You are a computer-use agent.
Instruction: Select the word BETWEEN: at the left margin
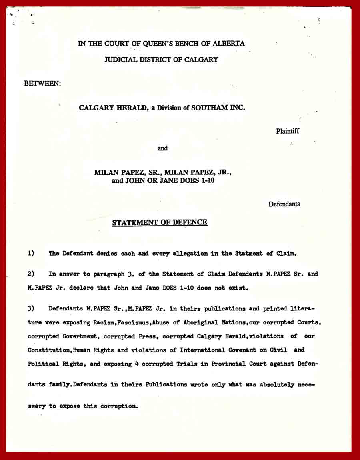click(43, 84)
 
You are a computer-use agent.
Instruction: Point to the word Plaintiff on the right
click(287, 131)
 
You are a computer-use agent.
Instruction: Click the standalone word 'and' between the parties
click(162, 148)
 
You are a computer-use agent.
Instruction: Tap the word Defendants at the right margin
click(284, 204)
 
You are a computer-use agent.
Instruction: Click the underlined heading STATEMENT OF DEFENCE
click(160, 222)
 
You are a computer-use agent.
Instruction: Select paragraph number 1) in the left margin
click(31, 253)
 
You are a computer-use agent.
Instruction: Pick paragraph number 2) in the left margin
click(31, 274)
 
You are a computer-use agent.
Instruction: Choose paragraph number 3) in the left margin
click(31, 308)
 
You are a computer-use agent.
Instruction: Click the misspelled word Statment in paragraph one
click(248, 253)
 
